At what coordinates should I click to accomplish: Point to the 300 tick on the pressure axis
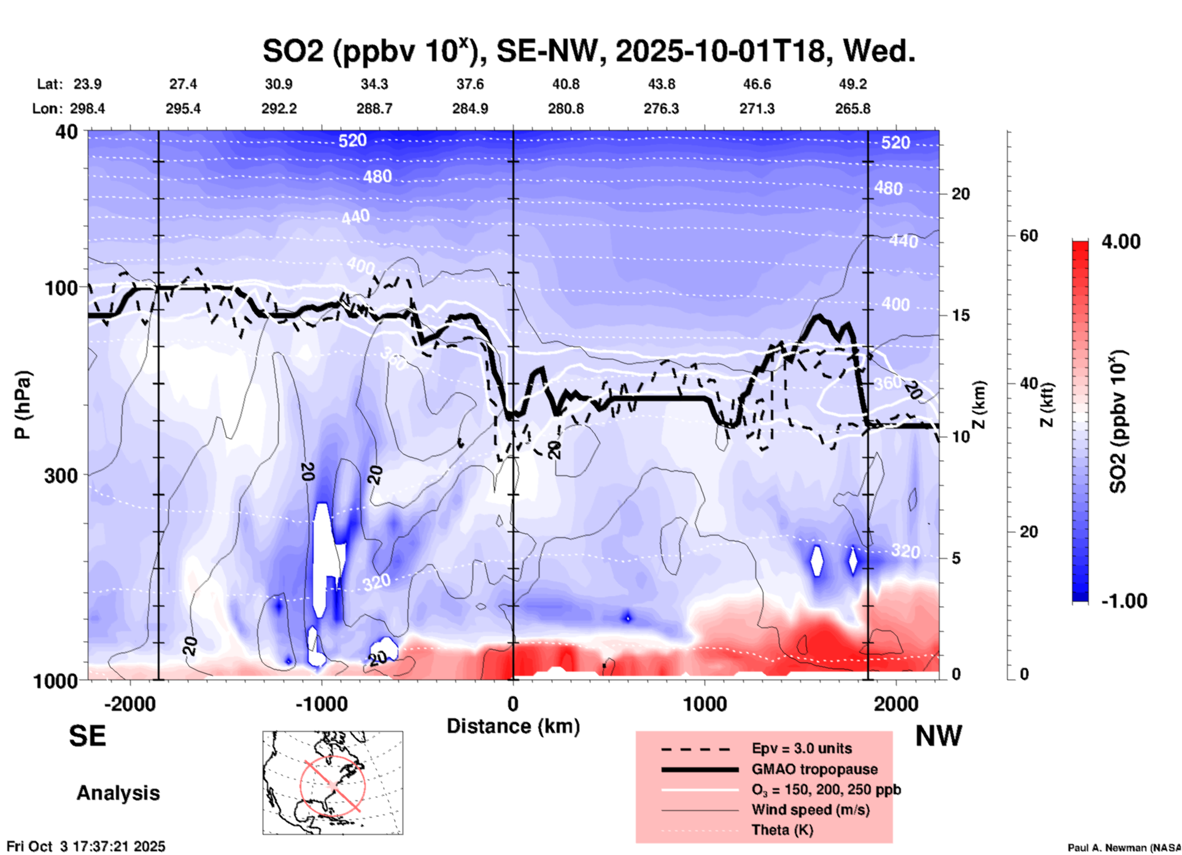pos(61,475)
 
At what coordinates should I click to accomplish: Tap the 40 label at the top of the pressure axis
pos(68,132)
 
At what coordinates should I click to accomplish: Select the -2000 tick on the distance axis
pos(130,704)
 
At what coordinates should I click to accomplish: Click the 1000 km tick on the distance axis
pos(705,704)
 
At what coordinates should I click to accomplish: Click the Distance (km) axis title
pos(513,726)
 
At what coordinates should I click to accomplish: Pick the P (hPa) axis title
pos(23,405)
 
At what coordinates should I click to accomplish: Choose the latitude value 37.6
pos(470,84)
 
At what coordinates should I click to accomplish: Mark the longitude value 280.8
pos(566,109)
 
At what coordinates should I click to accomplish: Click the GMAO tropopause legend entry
pos(814,769)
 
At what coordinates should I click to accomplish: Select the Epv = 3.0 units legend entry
pos(802,748)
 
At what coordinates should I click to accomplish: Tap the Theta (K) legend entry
pos(782,830)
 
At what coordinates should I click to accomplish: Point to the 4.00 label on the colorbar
pos(1121,242)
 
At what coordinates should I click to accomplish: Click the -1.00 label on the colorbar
pos(1124,600)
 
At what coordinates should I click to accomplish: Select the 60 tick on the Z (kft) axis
pos(1029,236)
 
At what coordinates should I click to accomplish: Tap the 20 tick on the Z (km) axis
pos(960,194)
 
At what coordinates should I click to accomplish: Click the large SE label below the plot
pos(87,736)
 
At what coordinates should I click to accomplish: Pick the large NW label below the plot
pos(938,736)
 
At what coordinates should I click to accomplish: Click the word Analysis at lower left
pos(118,793)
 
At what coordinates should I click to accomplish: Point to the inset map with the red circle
pos(333,783)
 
